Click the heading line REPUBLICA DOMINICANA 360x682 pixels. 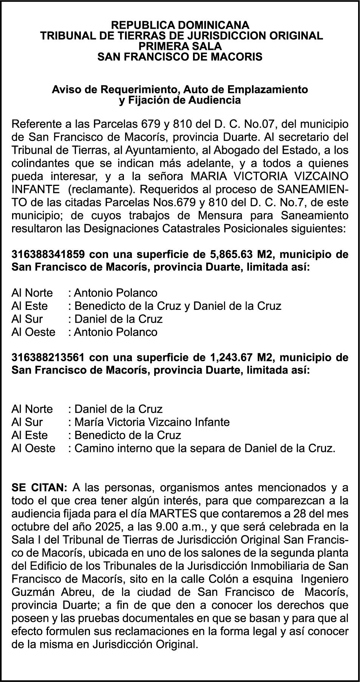point(180,25)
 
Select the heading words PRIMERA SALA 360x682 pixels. point(180,46)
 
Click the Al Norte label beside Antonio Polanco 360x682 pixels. point(32,293)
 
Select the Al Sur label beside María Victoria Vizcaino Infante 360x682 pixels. point(27,422)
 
